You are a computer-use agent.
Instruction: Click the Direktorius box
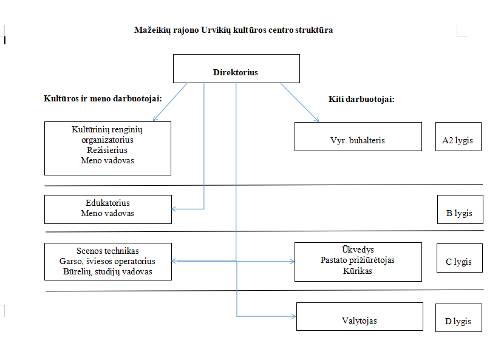(x=236, y=69)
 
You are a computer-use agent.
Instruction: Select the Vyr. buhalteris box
(x=358, y=137)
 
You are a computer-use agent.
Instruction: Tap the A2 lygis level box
(x=458, y=137)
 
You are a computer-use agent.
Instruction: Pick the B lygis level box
(x=460, y=209)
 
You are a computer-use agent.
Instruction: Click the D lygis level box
(x=458, y=318)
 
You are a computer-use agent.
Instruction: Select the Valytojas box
(x=358, y=317)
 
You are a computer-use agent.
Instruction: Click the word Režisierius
(x=107, y=150)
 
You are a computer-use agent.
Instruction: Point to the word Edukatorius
(x=107, y=203)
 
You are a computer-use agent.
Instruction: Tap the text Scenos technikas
(x=107, y=251)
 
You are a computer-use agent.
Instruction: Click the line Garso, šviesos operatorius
(x=107, y=261)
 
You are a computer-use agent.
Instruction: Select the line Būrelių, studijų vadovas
(x=107, y=271)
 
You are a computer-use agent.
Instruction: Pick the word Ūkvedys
(x=358, y=250)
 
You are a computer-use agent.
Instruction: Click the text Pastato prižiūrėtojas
(x=358, y=260)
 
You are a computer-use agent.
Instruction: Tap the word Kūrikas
(x=358, y=271)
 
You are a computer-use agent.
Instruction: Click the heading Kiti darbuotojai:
(x=361, y=99)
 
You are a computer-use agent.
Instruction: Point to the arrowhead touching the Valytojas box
(x=293, y=316)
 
